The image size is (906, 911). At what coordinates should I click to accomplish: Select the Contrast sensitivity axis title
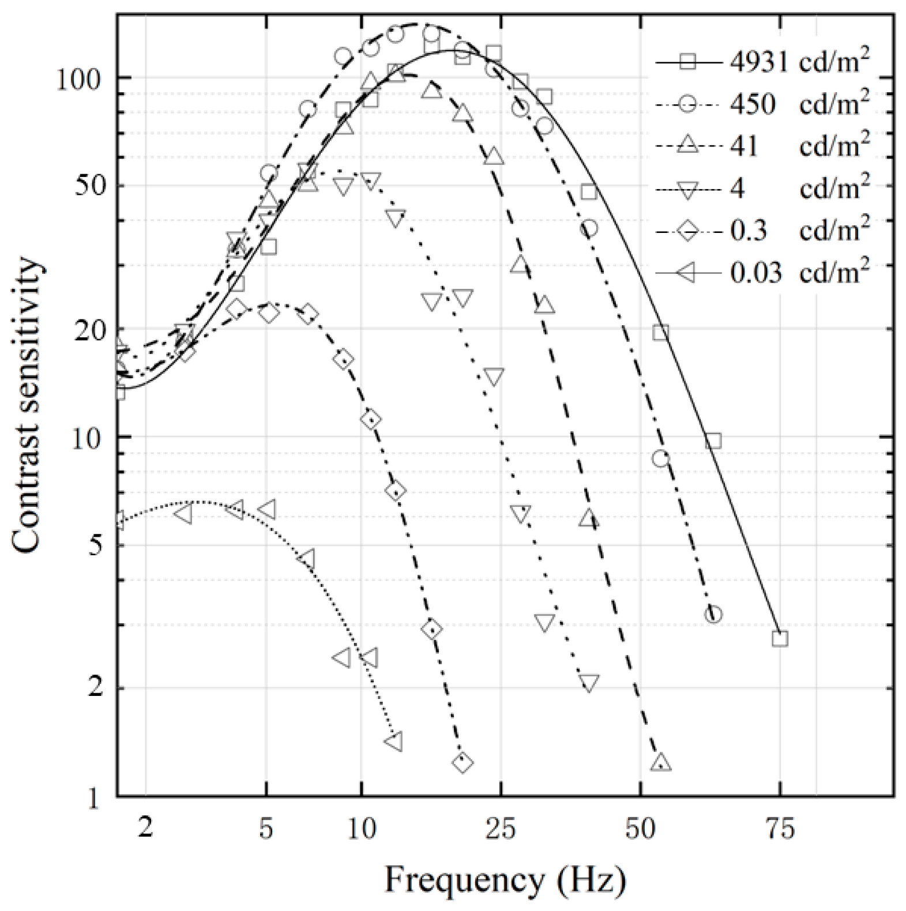pyautogui.click(x=27, y=404)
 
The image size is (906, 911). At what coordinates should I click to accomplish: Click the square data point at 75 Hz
pyautogui.click(x=780, y=639)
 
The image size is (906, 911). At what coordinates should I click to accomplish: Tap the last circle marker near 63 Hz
pyautogui.click(x=713, y=615)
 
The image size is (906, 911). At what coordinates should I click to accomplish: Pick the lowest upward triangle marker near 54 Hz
pyautogui.click(x=661, y=762)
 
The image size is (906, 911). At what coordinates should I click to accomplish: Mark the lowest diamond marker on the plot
pyautogui.click(x=462, y=762)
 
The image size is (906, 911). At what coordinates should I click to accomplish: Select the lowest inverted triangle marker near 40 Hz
pyautogui.click(x=589, y=683)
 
